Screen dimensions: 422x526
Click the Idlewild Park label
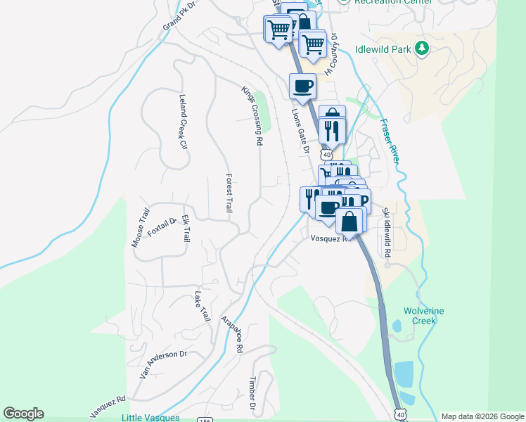tap(383, 49)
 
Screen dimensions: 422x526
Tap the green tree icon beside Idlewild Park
tap(421, 49)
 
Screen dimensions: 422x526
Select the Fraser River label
tap(390, 141)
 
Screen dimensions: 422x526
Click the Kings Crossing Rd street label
tap(251, 115)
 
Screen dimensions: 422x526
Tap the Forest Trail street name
tap(229, 193)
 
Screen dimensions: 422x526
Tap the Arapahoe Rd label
tap(232, 334)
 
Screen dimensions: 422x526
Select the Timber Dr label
tap(251, 393)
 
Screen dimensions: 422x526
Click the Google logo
tap(23, 414)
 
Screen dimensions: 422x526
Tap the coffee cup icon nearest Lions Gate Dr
tap(302, 87)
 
